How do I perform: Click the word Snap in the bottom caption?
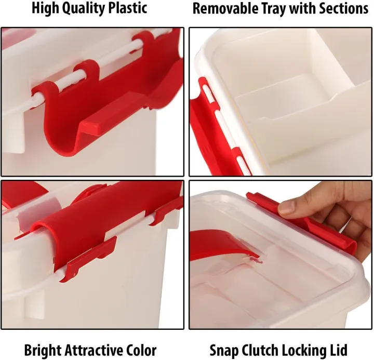point(223,350)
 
